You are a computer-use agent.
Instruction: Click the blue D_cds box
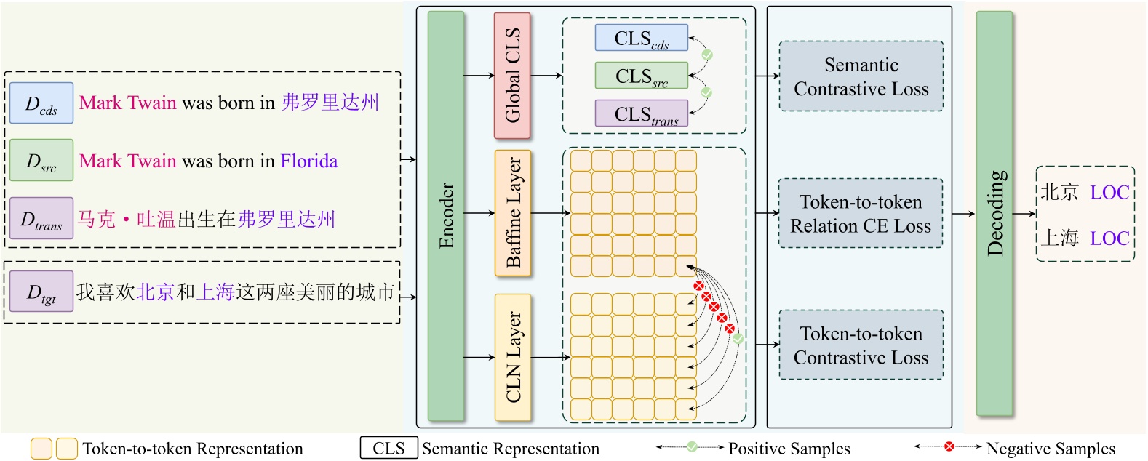click(41, 103)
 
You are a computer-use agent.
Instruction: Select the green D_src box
click(41, 160)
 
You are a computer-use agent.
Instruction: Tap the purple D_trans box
click(41, 218)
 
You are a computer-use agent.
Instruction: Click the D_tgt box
click(41, 292)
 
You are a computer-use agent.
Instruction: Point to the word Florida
click(309, 161)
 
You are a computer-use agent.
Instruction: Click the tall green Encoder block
click(446, 216)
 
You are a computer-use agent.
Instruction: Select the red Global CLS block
click(512, 76)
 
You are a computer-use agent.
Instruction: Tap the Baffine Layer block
click(513, 213)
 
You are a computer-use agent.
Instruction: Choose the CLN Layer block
click(513, 357)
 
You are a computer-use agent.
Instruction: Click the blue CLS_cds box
click(641, 38)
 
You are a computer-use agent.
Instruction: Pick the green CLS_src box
click(641, 76)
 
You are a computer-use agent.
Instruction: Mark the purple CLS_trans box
click(641, 113)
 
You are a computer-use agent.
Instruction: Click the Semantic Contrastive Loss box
click(861, 76)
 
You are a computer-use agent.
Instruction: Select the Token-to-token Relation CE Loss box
click(861, 214)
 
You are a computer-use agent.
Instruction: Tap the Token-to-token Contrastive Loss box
click(861, 345)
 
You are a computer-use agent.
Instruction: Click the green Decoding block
click(994, 214)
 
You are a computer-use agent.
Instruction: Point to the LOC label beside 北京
click(1109, 193)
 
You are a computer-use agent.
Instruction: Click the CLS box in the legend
click(388, 448)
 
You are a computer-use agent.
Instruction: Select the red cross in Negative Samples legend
click(949, 446)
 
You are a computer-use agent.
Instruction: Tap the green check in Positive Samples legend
click(691, 446)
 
